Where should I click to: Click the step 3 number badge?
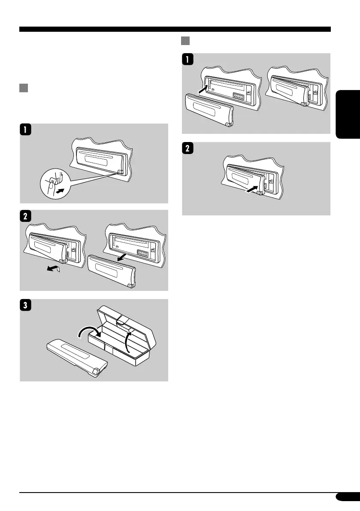coord(26,306)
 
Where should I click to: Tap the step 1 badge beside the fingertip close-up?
coord(26,130)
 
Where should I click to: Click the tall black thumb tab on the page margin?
coord(349,115)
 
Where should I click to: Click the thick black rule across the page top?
coord(175,30)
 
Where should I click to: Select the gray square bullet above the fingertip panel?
coord(24,89)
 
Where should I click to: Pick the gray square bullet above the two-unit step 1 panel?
coord(185,41)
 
